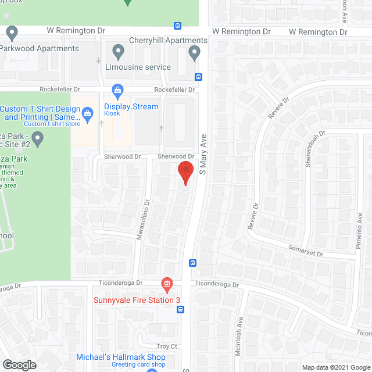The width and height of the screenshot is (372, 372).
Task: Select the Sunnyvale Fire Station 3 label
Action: [137, 300]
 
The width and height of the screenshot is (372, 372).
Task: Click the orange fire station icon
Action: [167, 284]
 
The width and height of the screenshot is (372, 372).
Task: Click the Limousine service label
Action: [138, 67]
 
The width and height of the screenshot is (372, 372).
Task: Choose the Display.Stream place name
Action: [131, 106]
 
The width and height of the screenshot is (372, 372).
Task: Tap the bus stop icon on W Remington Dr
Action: [177, 26]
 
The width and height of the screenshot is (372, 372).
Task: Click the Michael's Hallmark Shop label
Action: [121, 357]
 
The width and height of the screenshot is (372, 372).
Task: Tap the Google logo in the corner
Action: [19, 365]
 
